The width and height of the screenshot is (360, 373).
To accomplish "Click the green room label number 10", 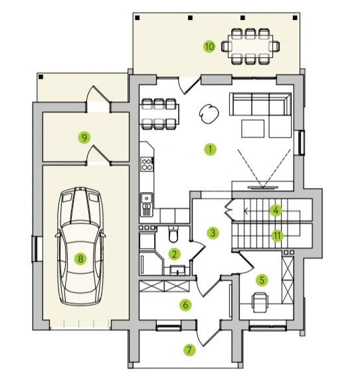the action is [x=209, y=47].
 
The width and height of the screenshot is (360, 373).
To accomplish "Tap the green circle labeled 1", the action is [x=211, y=149].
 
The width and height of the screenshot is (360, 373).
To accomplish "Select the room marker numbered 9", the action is [x=84, y=138].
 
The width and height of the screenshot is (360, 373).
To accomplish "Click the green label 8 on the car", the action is [x=80, y=259].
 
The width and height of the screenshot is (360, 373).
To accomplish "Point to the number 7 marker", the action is [x=189, y=350].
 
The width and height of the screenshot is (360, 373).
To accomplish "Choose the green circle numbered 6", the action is [x=185, y=305].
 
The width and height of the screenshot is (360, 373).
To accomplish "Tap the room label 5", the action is [x=262, y=280].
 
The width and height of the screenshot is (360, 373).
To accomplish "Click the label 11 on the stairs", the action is [x=278, y=236].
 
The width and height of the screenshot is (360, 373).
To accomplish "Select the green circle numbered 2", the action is [x=175, y=254].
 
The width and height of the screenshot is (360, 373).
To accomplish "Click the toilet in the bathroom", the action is [x=173, y=234].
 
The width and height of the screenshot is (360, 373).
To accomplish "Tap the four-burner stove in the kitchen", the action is [x=147, y=164].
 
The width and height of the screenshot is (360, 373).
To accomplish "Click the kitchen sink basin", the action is [x=147, y=197].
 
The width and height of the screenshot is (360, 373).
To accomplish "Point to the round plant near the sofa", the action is [x=209, y=114].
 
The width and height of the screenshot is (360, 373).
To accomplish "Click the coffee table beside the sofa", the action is [x=253, y=129].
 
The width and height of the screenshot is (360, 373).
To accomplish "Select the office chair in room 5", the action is [x=260, y=302].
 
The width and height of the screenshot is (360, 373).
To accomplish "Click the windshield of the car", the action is [x=80, y=233].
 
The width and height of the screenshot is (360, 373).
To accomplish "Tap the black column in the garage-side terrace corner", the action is [x=41, y=77].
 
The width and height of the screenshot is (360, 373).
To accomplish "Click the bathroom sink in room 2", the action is [x=178, y=270].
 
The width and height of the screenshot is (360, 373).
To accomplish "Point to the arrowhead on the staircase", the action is [x=246, y=211].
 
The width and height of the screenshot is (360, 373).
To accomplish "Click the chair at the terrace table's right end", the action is [x=274, y=46].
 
